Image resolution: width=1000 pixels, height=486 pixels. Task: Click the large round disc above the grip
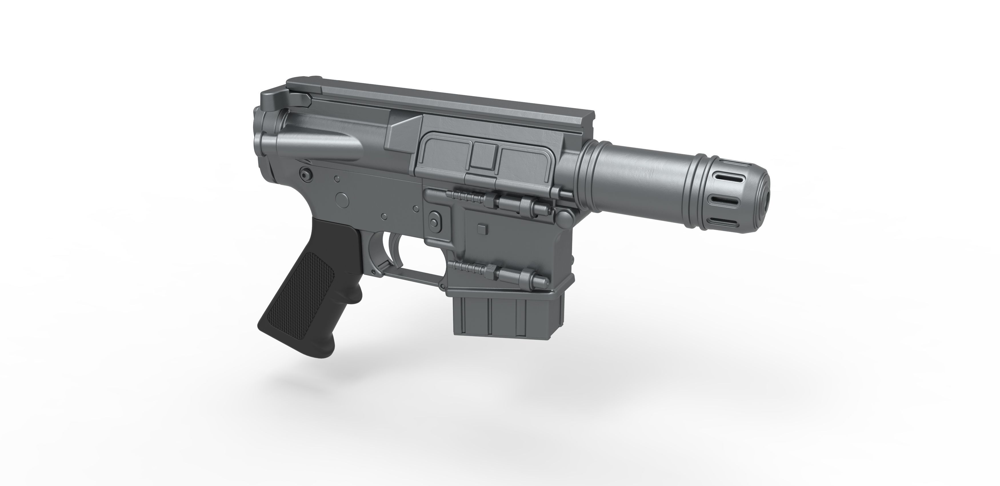click(x=342, y=199)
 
